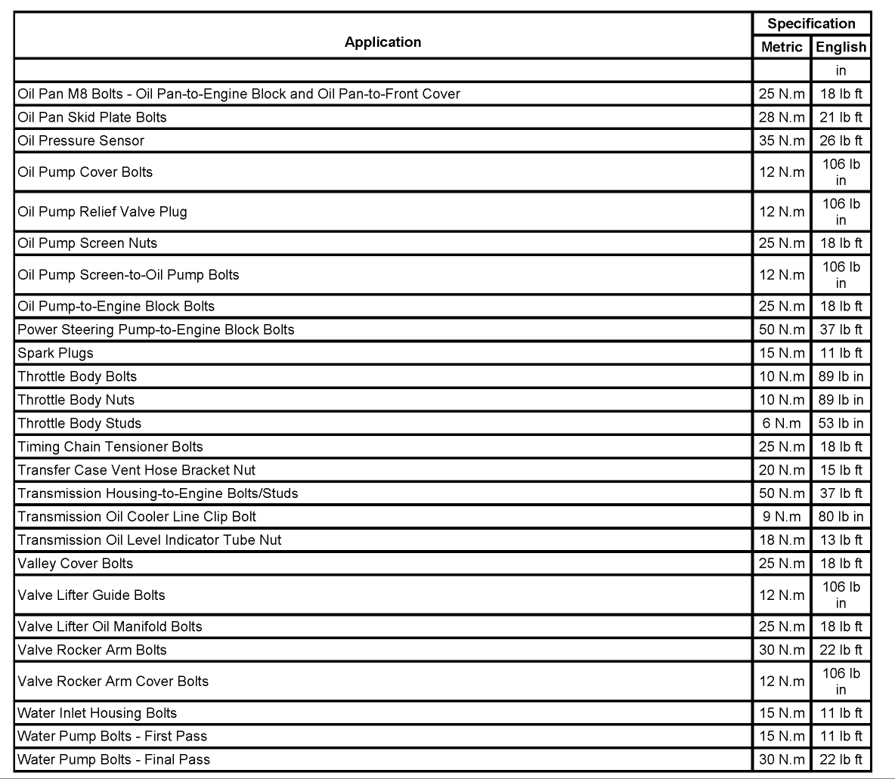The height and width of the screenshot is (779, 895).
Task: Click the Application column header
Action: click(x=382, y=42)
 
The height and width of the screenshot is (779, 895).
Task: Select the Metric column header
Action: click(x=782, y=47)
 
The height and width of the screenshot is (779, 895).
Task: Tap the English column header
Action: click(x=841, y=47)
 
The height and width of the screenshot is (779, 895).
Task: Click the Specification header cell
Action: click(x=811, y=23)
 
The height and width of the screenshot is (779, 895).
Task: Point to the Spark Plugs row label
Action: click(x=56, y=353)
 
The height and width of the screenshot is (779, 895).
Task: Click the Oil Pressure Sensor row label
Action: click(x=81, y=141)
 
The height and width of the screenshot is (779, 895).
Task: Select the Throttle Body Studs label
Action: click(x=79, y=423)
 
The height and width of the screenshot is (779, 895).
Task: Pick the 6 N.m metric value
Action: click(x=782, y=423)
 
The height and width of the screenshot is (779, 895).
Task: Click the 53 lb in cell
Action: click(x=841, y=423)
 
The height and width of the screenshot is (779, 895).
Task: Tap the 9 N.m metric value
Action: click(x=782, y=517)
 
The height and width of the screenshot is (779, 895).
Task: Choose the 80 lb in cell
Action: click(x=841, y=517)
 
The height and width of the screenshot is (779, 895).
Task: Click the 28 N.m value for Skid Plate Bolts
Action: click(x=782, y=117)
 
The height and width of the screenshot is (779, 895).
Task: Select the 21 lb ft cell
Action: click(x=841, y=117)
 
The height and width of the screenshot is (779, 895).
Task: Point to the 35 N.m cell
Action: click(x=782, y=141)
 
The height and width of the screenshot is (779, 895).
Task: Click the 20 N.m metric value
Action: click(x=782, y=470)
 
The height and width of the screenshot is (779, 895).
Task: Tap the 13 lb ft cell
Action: click(x=841, y=540)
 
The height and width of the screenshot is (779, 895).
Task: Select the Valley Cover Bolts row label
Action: click(x=75, y=564)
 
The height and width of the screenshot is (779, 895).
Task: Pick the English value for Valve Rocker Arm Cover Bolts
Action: click(x=841, y=681)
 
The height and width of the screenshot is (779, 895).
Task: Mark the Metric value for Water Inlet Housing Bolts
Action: click(x=782, y=713)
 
